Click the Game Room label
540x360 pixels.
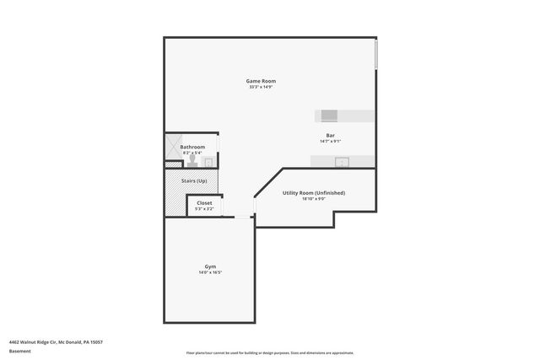tap(261, 80)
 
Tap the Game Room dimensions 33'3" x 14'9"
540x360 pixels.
tap(261, 87)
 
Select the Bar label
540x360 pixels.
tap(331, 135)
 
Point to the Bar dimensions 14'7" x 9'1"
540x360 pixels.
tap(331, 142)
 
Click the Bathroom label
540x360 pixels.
tap(192, 147)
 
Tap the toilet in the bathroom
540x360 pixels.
tap(192, 159)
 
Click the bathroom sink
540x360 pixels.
tap(208, 162)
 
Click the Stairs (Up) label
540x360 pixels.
tap(195, 180)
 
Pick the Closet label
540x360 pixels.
tap(204, 202)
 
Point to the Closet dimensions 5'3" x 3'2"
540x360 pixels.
tap(204, 208)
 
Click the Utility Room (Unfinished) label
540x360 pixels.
tap(313, 192)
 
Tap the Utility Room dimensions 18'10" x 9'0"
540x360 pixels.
tap(313, 199)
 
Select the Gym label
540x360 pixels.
tap(210, 266)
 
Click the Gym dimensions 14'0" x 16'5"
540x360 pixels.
tap(210, 272)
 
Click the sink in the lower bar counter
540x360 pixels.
tap(342, 161)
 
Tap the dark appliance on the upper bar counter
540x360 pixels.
tap(328, 115)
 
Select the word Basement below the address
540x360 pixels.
tap(19, 351)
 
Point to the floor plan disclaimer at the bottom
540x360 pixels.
tap(270, 352)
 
